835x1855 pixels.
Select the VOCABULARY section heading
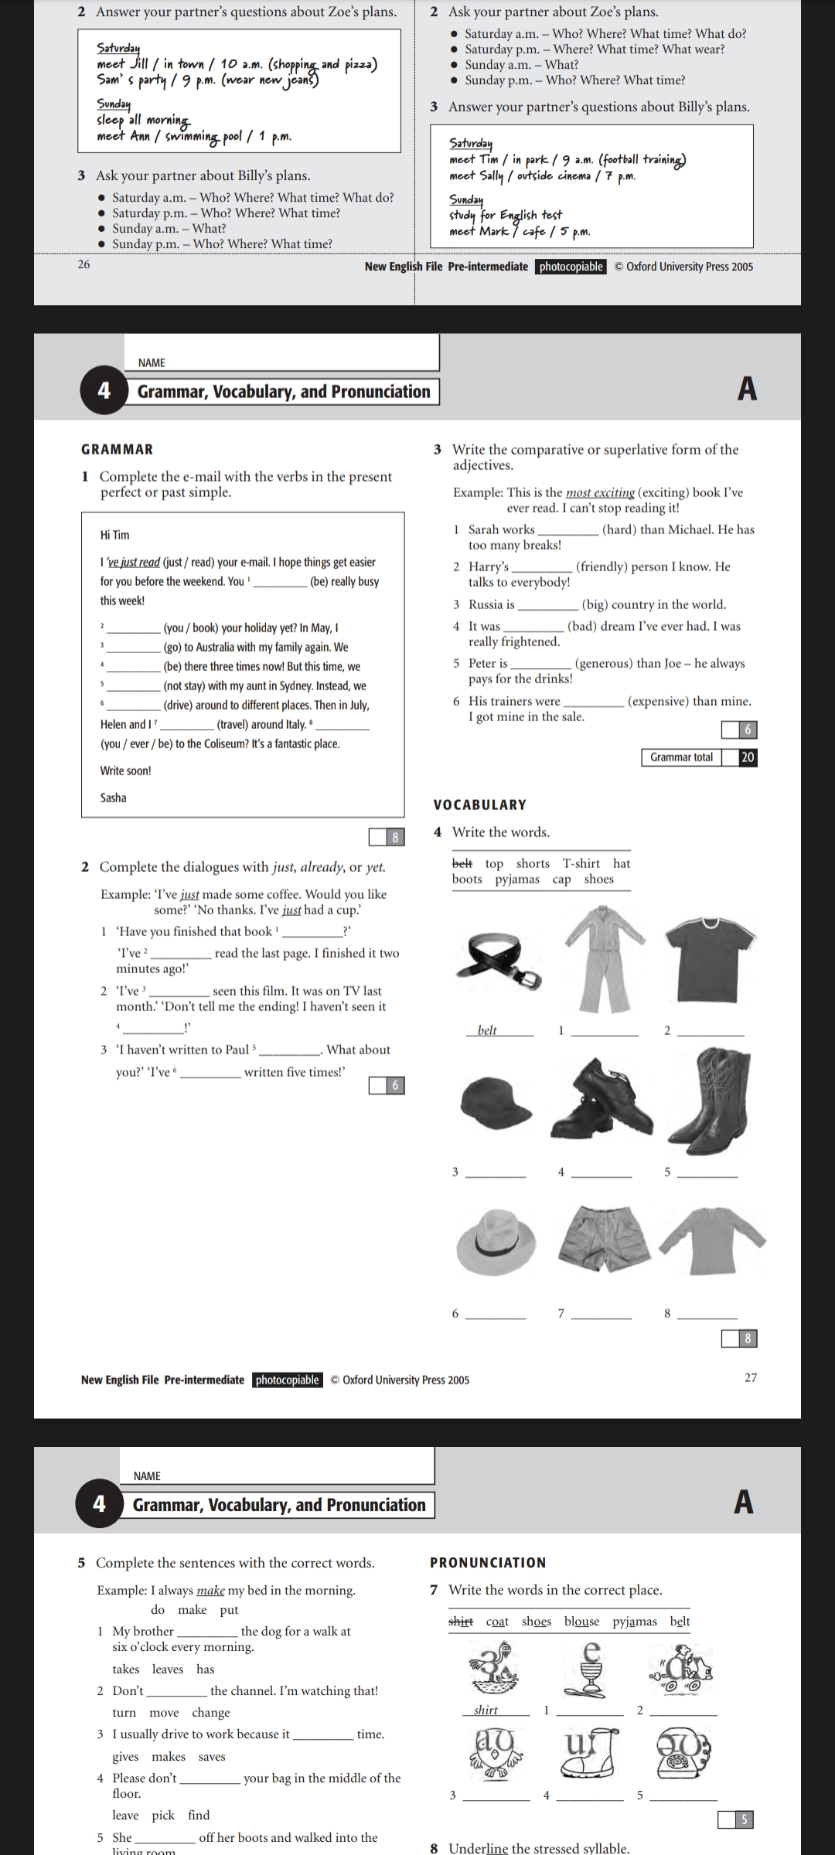click(480, 805)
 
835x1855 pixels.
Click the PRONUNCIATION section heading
click(488, 1562)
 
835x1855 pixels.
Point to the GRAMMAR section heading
click(118, 449)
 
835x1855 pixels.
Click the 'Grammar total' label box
click(681, 757)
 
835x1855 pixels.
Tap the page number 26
click(83, 264)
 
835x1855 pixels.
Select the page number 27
click(751, 1377)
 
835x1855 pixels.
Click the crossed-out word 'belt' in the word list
click(462, 863)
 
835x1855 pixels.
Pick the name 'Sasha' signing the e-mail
click(114, 798)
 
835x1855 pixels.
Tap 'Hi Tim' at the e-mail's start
click(115, 535)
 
